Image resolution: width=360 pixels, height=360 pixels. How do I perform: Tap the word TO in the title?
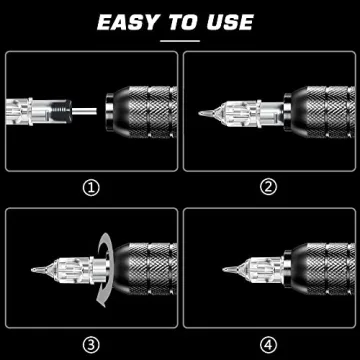(183, 21)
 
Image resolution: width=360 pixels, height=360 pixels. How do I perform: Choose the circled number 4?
(268, 342)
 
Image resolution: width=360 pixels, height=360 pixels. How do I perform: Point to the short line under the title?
(180, 40)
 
